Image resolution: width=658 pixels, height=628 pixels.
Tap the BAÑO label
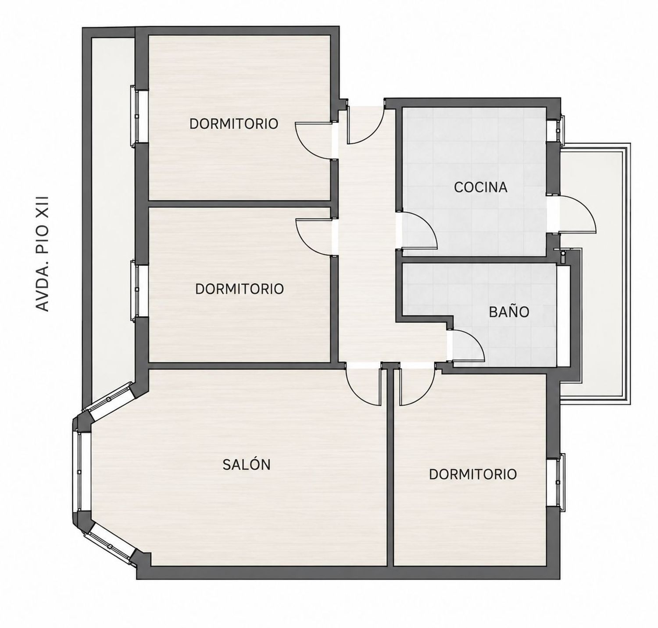pos(509,312)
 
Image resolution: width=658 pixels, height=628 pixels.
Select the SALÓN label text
pos(246,464)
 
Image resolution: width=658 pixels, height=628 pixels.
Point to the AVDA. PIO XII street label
pos(43,254)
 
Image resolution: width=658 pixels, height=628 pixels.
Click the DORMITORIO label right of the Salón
pos(473,474)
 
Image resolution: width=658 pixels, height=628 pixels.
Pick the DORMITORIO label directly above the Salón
pos(240,289)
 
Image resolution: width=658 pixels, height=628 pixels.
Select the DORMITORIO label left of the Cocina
pos(234,124)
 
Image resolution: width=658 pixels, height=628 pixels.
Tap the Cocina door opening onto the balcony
pos(577,214)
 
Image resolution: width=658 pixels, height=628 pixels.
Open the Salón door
pos(362,384)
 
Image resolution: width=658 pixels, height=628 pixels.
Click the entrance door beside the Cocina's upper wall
pos(366,126)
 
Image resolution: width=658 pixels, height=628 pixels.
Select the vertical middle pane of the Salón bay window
pos(80,472)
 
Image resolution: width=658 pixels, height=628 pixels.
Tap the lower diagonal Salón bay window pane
pos(110,544)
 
